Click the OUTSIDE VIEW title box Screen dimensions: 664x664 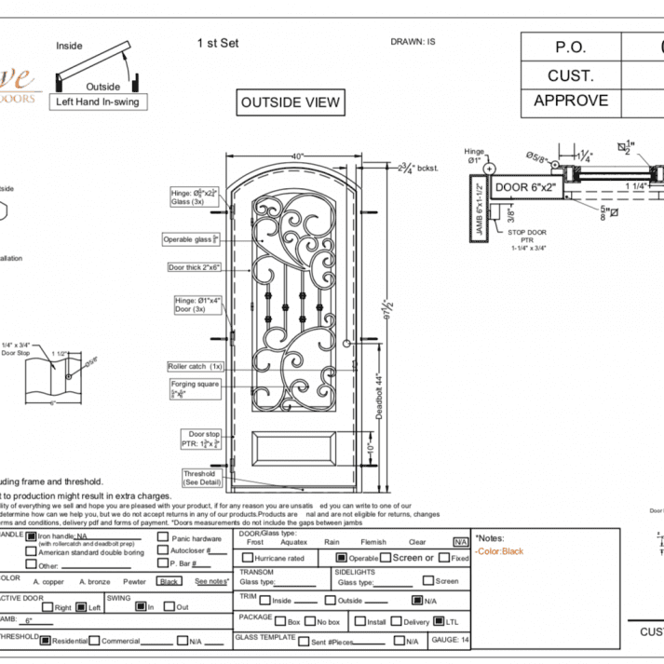291,102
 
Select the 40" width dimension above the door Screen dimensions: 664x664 297,156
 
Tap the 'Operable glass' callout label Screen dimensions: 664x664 192,238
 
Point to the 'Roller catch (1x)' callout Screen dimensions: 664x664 195,366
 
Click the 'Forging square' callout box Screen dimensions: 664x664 194,388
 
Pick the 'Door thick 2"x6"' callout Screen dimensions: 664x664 194,267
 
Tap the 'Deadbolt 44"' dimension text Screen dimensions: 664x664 380,398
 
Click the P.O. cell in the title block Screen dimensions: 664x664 571,46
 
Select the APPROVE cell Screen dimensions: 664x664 571,101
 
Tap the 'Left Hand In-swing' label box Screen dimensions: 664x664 101,101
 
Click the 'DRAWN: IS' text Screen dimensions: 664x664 413,42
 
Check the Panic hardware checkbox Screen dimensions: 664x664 164,538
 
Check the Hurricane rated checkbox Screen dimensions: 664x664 247,558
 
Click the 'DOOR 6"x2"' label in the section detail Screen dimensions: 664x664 523,187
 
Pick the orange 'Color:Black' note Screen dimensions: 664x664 500,551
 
